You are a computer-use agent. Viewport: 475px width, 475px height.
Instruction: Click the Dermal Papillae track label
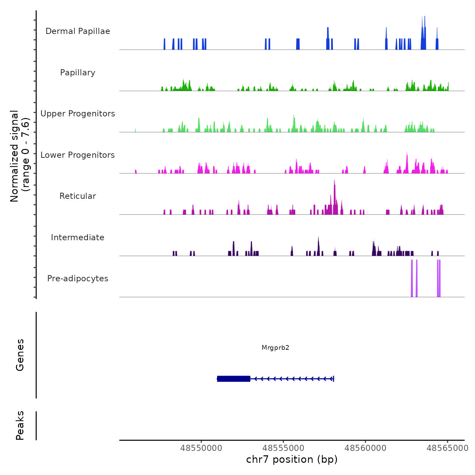(x=78, y=31)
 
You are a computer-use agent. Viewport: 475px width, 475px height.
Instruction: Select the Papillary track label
(x=78, y=73)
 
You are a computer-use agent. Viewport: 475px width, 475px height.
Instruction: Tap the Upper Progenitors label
(x=78, y=114)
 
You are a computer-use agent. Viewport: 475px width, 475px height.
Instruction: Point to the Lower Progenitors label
(x=78, y=155)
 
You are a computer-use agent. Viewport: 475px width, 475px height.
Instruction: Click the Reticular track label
(x=78, y=196)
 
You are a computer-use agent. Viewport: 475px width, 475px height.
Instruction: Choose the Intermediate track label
(x=78, y=237)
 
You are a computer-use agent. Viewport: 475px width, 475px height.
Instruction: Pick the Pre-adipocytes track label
(x=78, y=279)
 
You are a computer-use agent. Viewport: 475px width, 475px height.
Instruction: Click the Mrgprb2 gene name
(x=275, y=347)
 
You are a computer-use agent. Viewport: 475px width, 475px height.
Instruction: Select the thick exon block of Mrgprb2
(x=233, y=379)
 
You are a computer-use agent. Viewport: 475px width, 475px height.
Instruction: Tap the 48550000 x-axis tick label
(x=201, y=448)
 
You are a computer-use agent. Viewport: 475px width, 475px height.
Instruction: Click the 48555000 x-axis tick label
(x=283, y=448)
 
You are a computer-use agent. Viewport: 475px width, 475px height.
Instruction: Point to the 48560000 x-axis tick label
(x=365, y=448)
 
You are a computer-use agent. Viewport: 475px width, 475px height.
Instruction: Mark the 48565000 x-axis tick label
(x=447, y=448)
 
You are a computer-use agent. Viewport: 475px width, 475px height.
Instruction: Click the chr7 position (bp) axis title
(x=292, y=459)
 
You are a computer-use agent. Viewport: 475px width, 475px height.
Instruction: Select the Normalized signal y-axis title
(x=20, y=156)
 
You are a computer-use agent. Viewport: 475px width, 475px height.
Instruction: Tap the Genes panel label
(x=20, y=355)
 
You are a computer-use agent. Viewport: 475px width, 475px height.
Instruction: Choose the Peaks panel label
(x=20, y=425)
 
